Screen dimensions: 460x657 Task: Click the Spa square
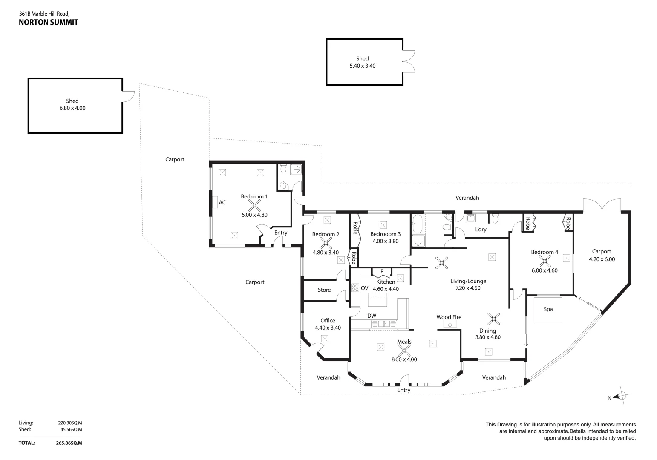coord(548,309)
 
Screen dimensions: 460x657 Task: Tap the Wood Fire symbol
coord(450,325)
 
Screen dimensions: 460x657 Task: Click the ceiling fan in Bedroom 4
coord(544,261)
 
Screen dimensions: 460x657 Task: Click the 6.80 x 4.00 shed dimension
coord(72,108)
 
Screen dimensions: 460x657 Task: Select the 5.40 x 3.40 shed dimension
coord(362,66)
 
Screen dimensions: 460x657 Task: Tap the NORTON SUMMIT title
coord(49,23)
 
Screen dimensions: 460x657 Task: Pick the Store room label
coord(324,290)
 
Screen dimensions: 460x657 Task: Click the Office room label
coord(328,321)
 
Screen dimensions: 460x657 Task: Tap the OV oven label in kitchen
coord(365,288)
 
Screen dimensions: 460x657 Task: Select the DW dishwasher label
coord(372,316)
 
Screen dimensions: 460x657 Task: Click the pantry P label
coord(382,271)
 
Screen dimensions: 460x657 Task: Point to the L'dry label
coord(481,230)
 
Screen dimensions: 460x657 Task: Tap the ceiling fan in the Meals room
coord(403,351)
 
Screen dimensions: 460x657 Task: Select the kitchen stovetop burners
coord(355,287)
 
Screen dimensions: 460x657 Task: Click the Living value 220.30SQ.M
coord(70,423)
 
